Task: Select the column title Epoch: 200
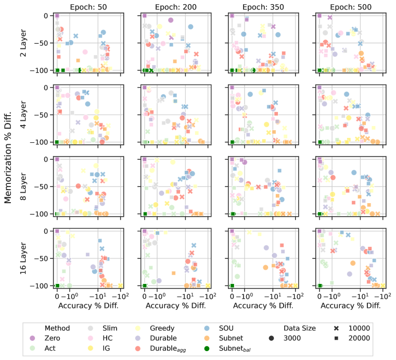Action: click(176, 7)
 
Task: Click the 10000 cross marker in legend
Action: click(337, 328)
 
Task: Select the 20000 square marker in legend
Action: click(337, 338)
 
